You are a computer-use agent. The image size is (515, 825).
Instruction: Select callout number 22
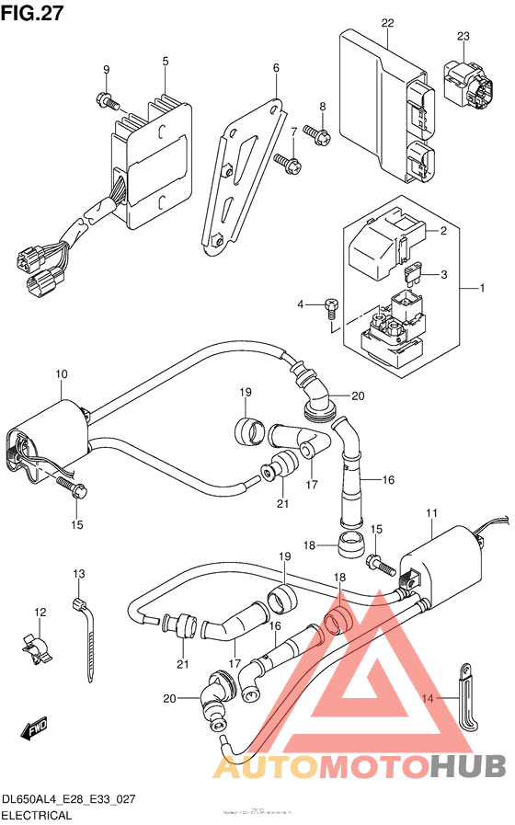pyautogui.click(x=387, y=22)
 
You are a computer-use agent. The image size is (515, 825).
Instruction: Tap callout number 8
pyautogui.click(x=323, y=108)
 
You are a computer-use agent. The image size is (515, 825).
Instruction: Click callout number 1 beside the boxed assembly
pyautogui.click(x=480, y=289)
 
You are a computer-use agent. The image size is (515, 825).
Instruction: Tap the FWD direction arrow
pyautogui.click(x=34, y=730)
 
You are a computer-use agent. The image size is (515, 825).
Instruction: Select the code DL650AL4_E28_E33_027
pyautogui.click(x=69, y=799)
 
